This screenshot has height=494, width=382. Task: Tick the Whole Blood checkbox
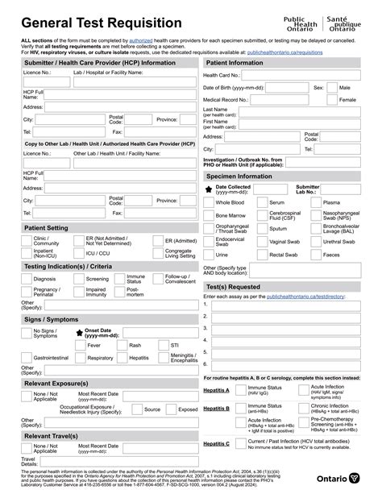pyautogui.click(x=209, y=203)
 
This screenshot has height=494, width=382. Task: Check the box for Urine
pyautogui.click(x=209, y=254)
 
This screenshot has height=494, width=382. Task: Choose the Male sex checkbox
pyautogui.click(x=332, y=87)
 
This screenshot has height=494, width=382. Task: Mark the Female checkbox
pyautogui.click(x=332, y=100)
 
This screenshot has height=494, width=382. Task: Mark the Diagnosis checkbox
pyautogui.click(x=27, y=279)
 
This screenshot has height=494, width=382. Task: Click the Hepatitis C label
pyautogui.click(x=216, y=443)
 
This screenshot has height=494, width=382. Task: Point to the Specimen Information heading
pyautogui.click(x=239, y=176)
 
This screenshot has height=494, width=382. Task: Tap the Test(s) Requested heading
pyautogui.click(x=232, y=286)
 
